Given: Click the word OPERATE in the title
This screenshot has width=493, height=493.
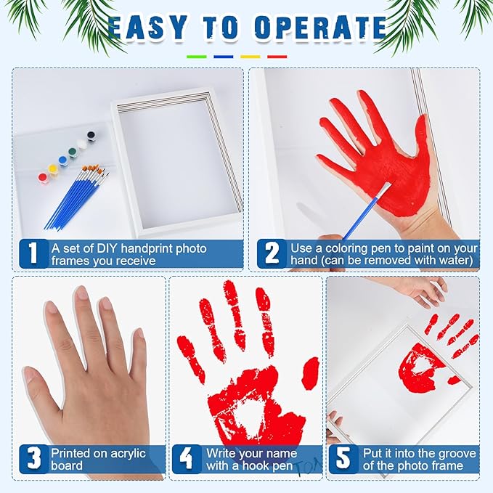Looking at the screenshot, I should coord(314,28).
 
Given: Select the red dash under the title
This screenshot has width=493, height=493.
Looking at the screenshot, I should coord(277,56).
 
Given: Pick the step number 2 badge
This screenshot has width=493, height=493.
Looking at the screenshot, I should coord(272,253).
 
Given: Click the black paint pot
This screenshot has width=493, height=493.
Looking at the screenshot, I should coord(91,136).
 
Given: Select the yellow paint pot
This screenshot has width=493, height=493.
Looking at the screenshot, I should coord(53,169).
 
